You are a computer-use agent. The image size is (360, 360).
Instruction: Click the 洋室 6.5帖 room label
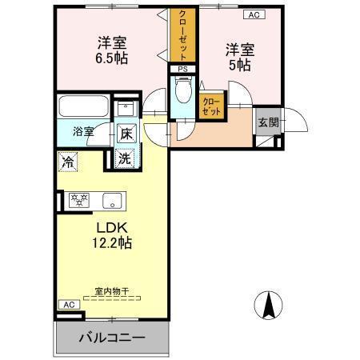112,50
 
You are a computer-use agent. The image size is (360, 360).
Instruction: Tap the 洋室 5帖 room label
238,56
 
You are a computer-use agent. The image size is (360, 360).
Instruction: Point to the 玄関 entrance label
268,122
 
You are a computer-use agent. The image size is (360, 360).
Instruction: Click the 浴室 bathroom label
84,130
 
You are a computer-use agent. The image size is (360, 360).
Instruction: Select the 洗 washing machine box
125,158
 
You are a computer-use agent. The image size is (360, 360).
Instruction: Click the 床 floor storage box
126,134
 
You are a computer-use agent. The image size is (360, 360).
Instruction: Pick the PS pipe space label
183,69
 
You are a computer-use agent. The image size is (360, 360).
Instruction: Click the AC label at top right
254,14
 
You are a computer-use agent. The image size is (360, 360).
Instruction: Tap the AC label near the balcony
69,305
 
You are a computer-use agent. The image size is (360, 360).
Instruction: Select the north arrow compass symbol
270,303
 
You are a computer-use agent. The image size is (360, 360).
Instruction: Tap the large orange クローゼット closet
182,38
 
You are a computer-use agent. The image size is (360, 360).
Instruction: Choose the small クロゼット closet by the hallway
212,106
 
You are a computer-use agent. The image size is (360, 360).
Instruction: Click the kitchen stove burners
79,200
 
